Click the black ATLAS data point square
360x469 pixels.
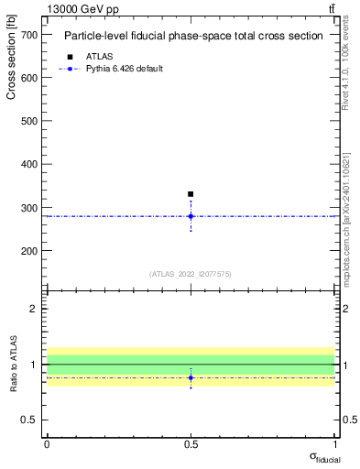click(191, 194)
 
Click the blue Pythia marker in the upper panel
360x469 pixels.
click(191, 216)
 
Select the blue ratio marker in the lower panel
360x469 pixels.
click(191, 377)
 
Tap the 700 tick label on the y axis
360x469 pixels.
click(30, 35)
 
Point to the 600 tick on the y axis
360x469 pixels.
click(30, 78)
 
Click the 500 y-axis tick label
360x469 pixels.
click(30, 121)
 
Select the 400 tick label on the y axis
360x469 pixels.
click(30, 165)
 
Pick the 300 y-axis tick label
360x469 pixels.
click(30, 208)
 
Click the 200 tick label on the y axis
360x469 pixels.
click(30, 251)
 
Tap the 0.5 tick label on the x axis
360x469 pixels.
click(191, 444)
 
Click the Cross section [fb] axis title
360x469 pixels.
click(12, 60)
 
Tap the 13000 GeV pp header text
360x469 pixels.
click(82, 9)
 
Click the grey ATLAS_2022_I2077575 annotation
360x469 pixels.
click(191, 274)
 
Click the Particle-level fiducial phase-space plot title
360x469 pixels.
click(192, 37)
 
